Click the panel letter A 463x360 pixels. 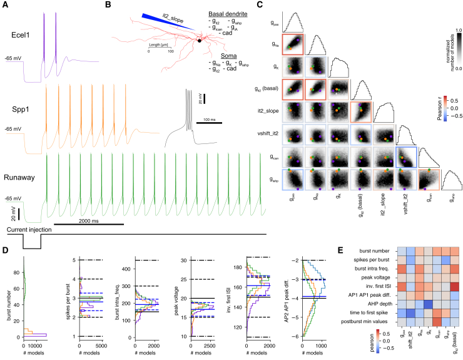pos(6,5)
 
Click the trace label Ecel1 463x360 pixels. pos(21,36)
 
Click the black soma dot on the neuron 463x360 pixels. pos(200,41)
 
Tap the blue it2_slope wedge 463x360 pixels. pos(156,23)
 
